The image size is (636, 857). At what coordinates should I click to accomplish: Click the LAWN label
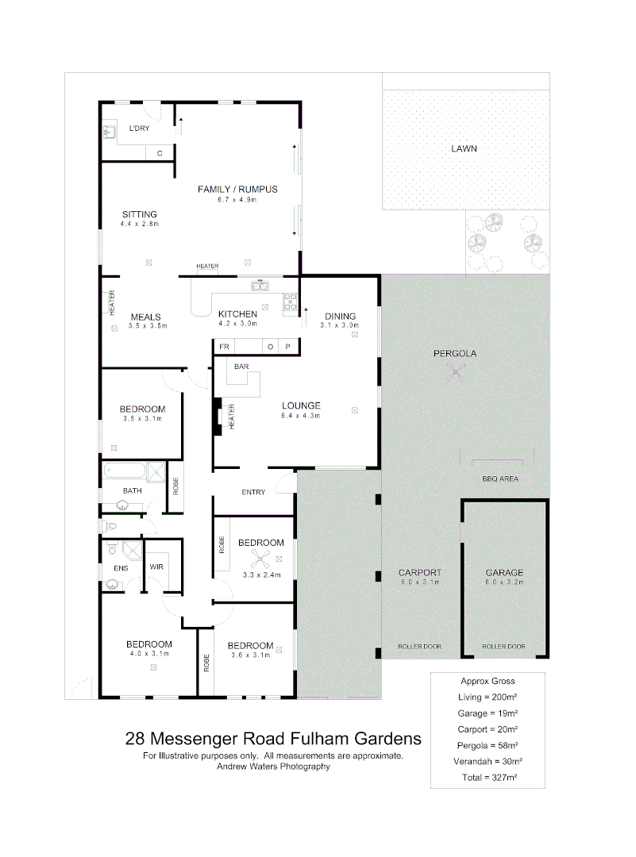(464, 148)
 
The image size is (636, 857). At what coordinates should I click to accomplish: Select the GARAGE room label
(505, 572)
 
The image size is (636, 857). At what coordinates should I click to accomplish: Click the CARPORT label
(420, 572)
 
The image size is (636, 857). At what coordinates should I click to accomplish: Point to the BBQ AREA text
(500, 479)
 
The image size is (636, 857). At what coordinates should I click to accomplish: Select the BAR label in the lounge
(241, 367)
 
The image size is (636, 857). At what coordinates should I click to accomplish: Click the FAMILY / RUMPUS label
(237, 189)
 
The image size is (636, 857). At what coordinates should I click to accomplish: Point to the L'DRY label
(139, 129)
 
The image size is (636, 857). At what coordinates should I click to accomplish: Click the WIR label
(156, 567)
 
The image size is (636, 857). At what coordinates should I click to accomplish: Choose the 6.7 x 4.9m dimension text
(237, 199)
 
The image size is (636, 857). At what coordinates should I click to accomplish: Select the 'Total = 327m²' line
(488, 778)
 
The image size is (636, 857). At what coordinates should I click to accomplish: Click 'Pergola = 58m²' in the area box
(488, 745)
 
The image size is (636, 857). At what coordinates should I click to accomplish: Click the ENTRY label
(253, 492)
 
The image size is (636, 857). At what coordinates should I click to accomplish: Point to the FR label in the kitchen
(225, 348)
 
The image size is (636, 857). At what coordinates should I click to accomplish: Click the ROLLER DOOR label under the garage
(504, 647)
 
